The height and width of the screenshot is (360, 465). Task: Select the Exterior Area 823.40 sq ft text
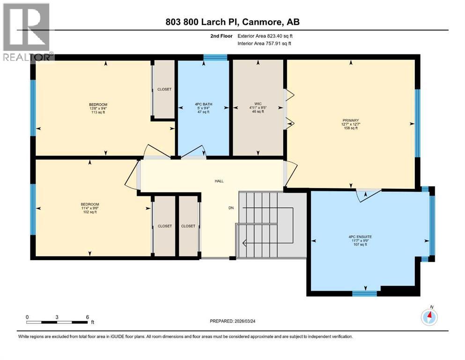(265, 36)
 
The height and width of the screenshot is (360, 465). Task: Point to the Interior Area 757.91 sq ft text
(265, 43)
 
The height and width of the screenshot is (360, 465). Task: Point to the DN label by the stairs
(231, 208)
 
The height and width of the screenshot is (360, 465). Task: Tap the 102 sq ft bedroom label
(89, 208)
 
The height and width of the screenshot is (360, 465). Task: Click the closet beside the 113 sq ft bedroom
(164, 89)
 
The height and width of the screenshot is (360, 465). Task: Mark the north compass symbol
(429, 317)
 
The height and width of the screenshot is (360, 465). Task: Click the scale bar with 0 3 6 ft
(57, 322)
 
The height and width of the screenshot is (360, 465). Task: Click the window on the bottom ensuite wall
(364, 294)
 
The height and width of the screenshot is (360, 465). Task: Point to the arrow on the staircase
(244, 242)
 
